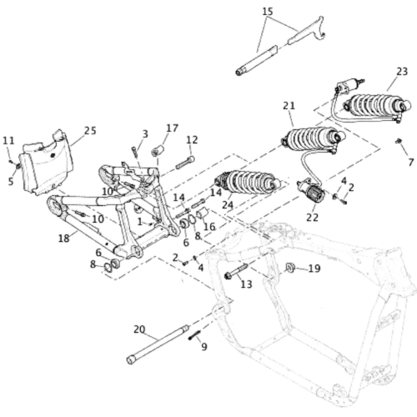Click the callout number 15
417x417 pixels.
tap(268, 12)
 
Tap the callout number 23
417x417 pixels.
tap(402, 72)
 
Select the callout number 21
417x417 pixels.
tap(289, 106)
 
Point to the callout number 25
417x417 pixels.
tap(90, 130)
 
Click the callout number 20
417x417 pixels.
tap(139, 329)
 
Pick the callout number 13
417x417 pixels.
tap(246, 284)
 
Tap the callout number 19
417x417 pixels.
tap(314, 269)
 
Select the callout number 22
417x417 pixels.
tap(312, 218)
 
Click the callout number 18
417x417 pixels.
tap(64, 239)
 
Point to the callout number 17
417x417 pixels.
tap(173, 128)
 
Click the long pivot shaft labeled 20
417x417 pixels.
tap(158, 344)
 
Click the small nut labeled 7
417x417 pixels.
tap(399, 141)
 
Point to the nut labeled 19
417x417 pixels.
tap(290, 268)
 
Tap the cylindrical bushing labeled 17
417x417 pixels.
tap(158, 150)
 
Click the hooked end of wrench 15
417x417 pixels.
tap(319, 28)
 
